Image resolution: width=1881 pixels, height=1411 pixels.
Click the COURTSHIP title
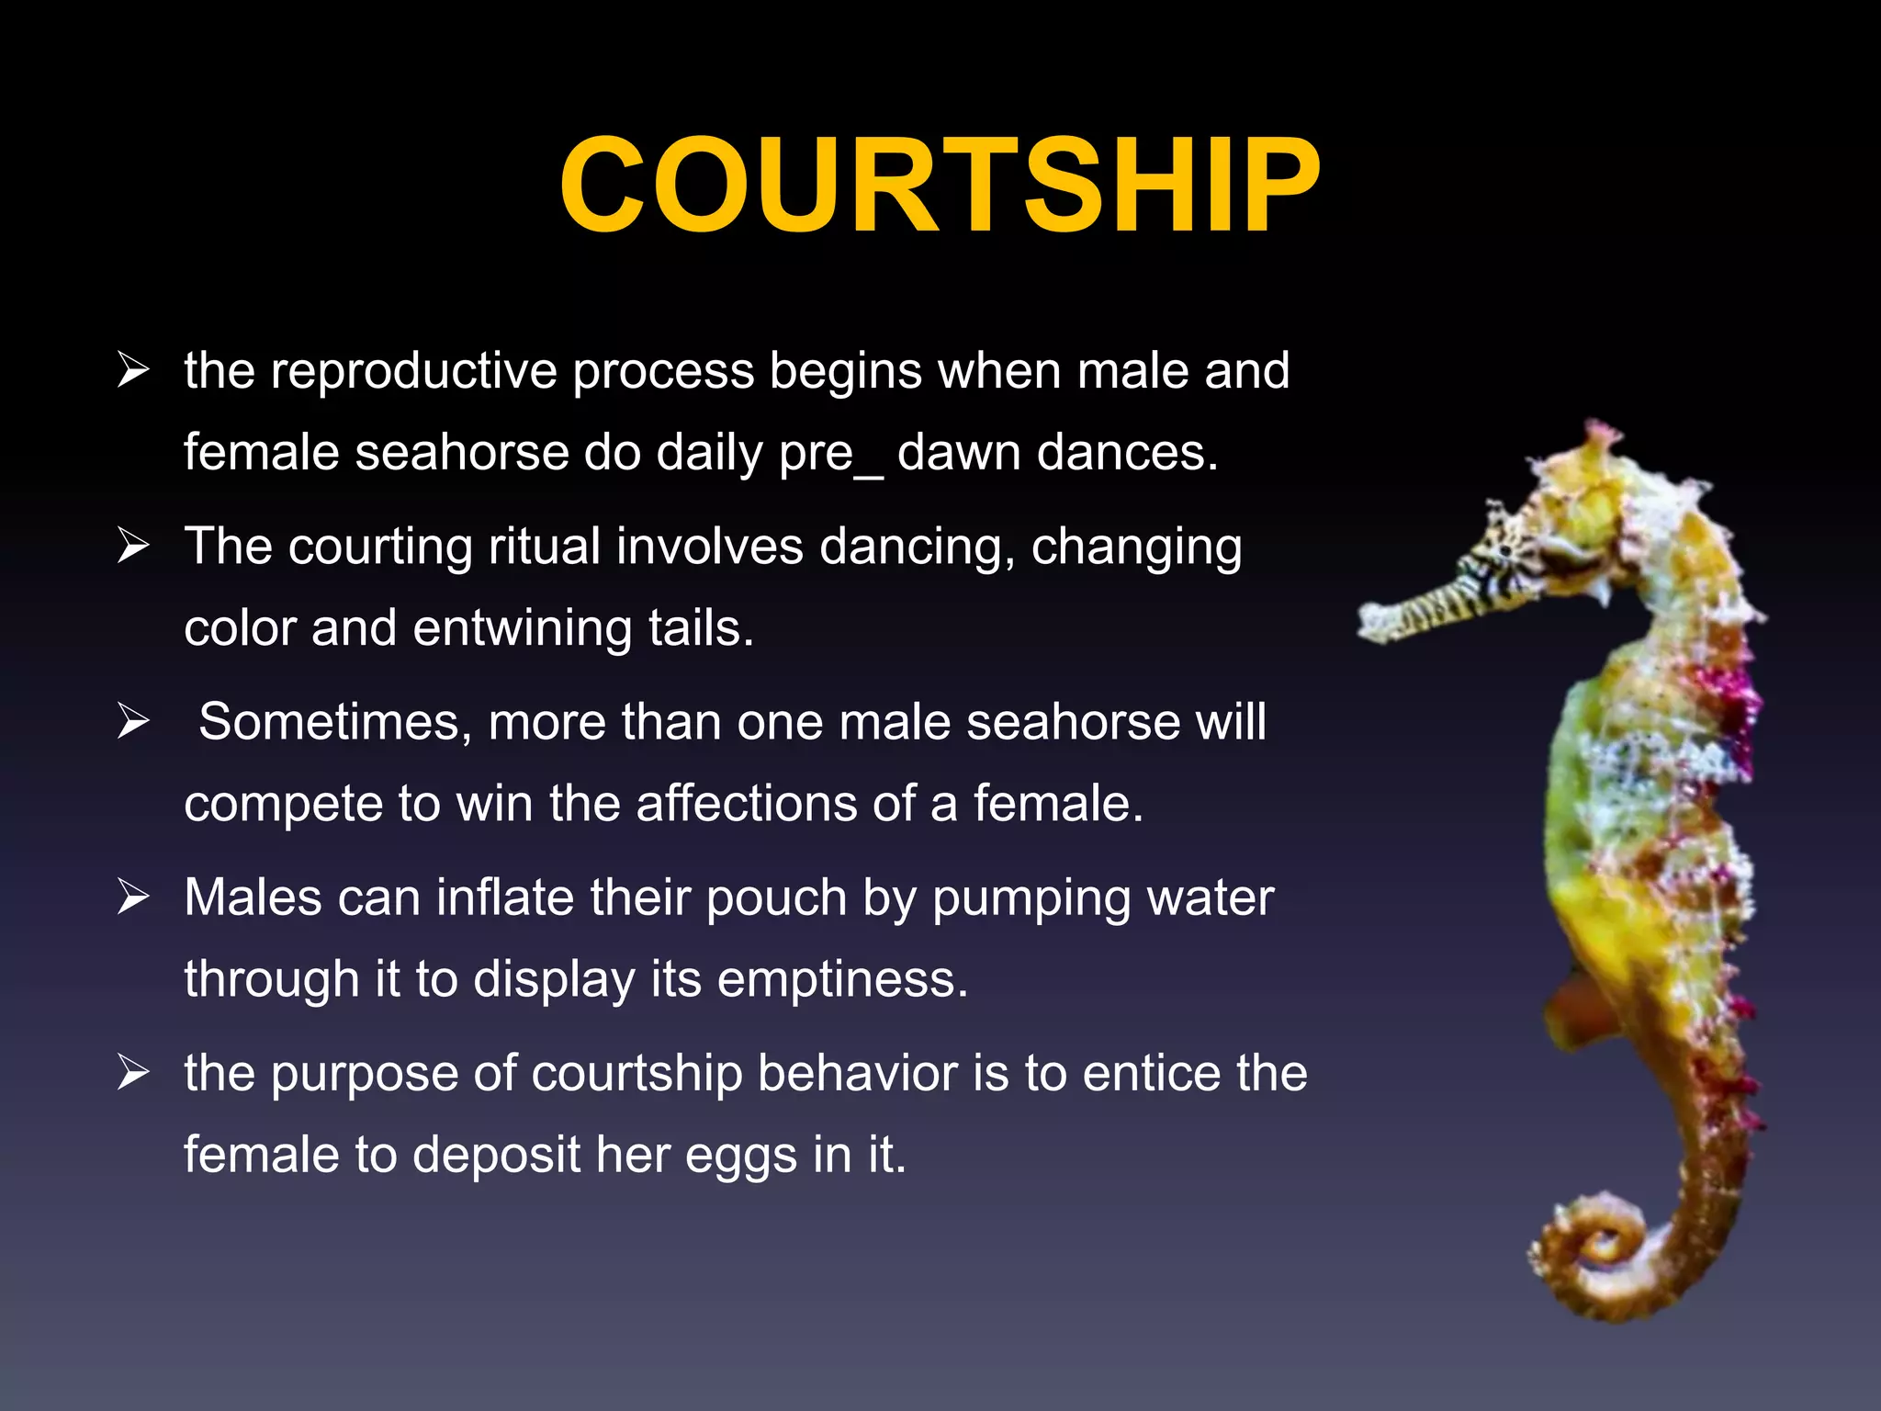tap(940, 186)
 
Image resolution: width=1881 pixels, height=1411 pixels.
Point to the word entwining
tap(522, 629)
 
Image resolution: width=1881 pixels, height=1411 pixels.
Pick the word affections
tap(746, 804)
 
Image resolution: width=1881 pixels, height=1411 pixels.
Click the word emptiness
tap(841, 979)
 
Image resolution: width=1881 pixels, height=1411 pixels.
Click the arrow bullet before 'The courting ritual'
tap(133, 547)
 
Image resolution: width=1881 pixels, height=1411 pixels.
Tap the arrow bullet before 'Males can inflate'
tap(133, 897)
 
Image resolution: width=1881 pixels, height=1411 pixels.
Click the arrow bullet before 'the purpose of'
tap(133, 1073)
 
